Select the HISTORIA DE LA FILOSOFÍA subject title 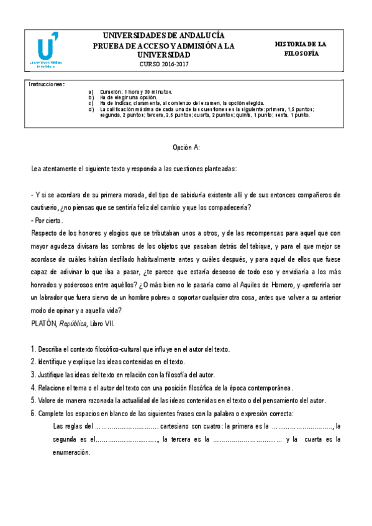click(301, 49)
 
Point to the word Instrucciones click(47, 83)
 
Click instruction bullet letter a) click(91, 91)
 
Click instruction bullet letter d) click(91, 109)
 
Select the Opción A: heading click(186, 148)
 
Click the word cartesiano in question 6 click(179, 426)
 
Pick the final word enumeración click(72, 452)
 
